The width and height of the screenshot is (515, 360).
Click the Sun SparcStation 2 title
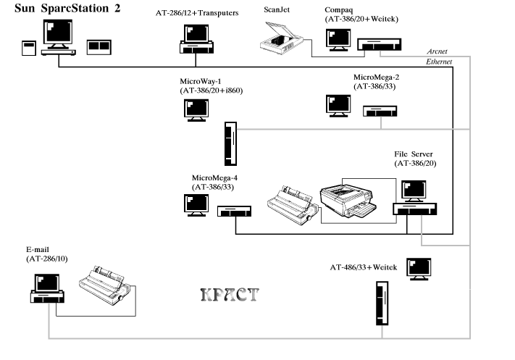67,8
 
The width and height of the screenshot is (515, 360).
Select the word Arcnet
437,51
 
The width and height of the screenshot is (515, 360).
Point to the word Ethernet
439,62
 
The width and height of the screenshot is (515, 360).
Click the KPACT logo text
230,295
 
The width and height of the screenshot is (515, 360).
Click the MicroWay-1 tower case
230,143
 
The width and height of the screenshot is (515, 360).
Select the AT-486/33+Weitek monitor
419,269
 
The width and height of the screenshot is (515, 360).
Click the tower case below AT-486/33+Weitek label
382,304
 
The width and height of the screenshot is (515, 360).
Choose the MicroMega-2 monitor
338,106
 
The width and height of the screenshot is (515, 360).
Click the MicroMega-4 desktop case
234,212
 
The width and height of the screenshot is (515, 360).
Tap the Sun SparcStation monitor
58,34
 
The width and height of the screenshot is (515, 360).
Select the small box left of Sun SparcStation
29,49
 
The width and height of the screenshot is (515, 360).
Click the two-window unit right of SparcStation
99,47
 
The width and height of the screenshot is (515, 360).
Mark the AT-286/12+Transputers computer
196,39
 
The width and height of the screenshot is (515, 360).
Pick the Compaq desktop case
380,44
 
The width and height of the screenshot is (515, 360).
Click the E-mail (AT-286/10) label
47,254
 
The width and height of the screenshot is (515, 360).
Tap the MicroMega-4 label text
214,183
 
